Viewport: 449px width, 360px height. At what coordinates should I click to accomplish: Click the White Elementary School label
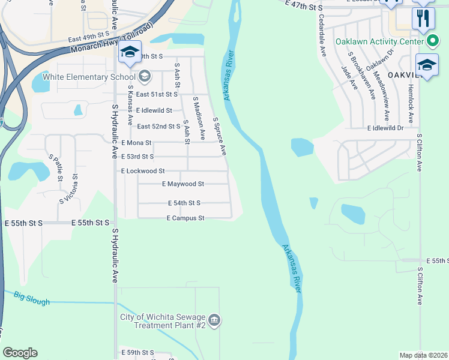[x=89, y=77]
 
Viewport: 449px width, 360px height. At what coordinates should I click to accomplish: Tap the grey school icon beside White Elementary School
[x=144, y=76]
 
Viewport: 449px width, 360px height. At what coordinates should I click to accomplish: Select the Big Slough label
[x=32, y=298]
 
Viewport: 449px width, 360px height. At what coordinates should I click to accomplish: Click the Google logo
[x=20, y=353]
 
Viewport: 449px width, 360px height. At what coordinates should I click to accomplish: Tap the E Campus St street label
[x=185, y=218]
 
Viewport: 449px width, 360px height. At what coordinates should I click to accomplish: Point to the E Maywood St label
[x=183, y=184]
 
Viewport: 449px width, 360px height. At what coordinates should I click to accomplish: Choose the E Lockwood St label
[x=143, y=171]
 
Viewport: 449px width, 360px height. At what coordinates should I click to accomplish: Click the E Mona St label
[x=136, y=143]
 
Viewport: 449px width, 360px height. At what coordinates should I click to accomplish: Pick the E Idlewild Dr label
[x=393, y=128]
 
